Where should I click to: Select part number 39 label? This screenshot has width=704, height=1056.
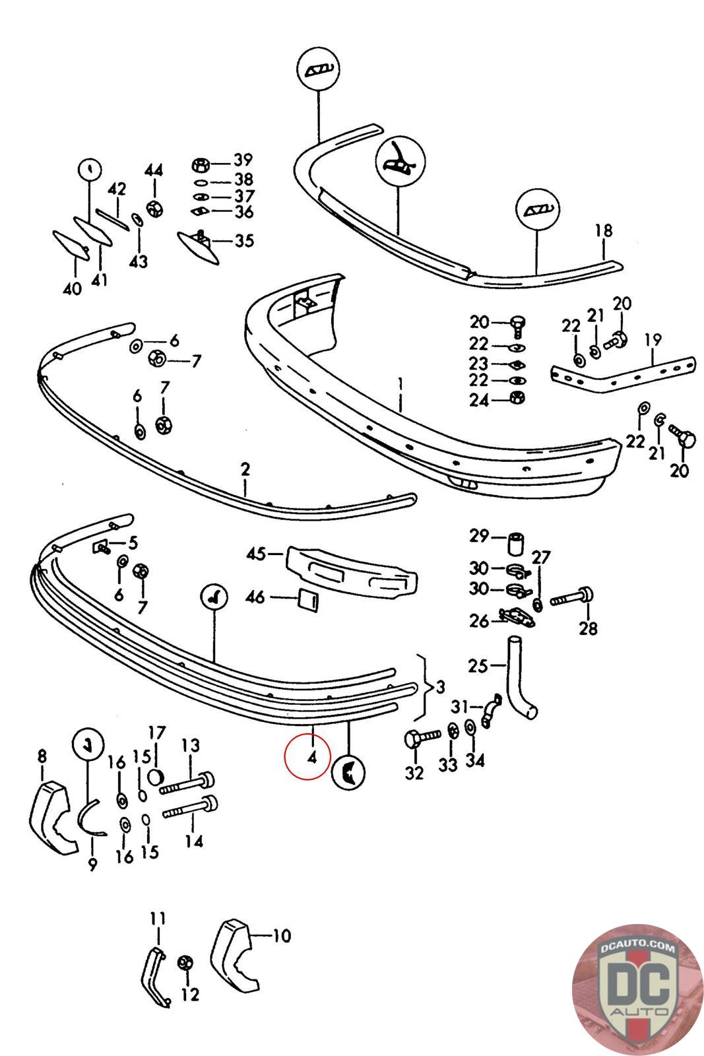click(x=242, y=160)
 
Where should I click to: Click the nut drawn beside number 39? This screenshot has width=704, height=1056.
click(x=201, y=163)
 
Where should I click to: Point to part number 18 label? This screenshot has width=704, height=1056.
click(x=603, y=231)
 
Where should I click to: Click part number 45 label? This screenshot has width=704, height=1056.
click(x=256, y=553)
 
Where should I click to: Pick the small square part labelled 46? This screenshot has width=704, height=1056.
click(x=307, y=599)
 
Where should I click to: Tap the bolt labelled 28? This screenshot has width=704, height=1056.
click(x=571, y=598)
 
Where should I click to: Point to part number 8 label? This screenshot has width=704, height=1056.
click(x=42, y=755)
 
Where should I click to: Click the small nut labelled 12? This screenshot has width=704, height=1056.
click(x=185, y=964)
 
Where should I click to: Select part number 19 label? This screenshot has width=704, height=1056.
click(x=653, y=341)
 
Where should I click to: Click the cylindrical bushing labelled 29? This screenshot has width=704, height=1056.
click(x=515, y=543)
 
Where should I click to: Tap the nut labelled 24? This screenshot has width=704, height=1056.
click(x=517, y=399)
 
